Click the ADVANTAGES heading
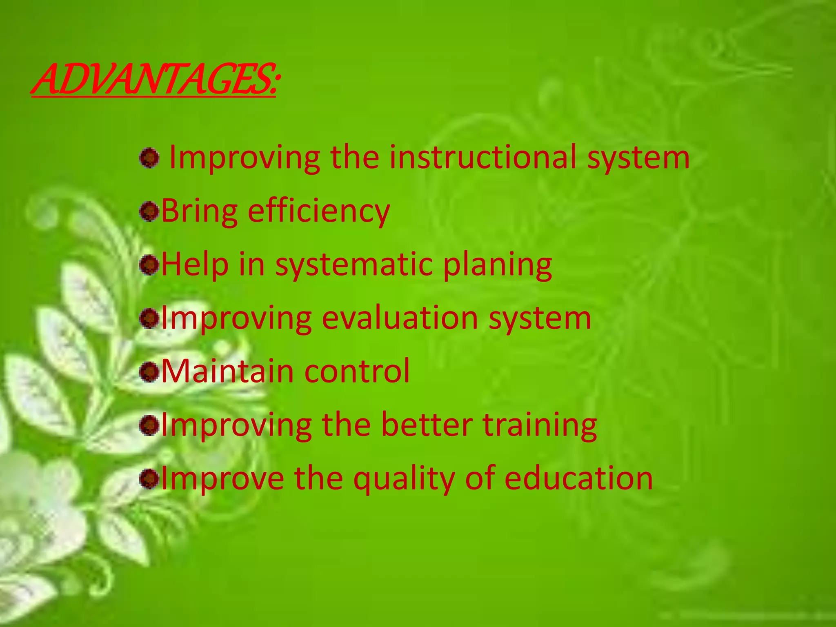[154, 79]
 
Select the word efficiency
[319, 211]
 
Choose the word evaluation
[400, 318]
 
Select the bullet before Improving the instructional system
[149, 158]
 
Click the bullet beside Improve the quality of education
[149, 479]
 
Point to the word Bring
[199, 211]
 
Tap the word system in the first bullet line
[638, 158]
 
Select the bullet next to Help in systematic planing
[149, 265]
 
